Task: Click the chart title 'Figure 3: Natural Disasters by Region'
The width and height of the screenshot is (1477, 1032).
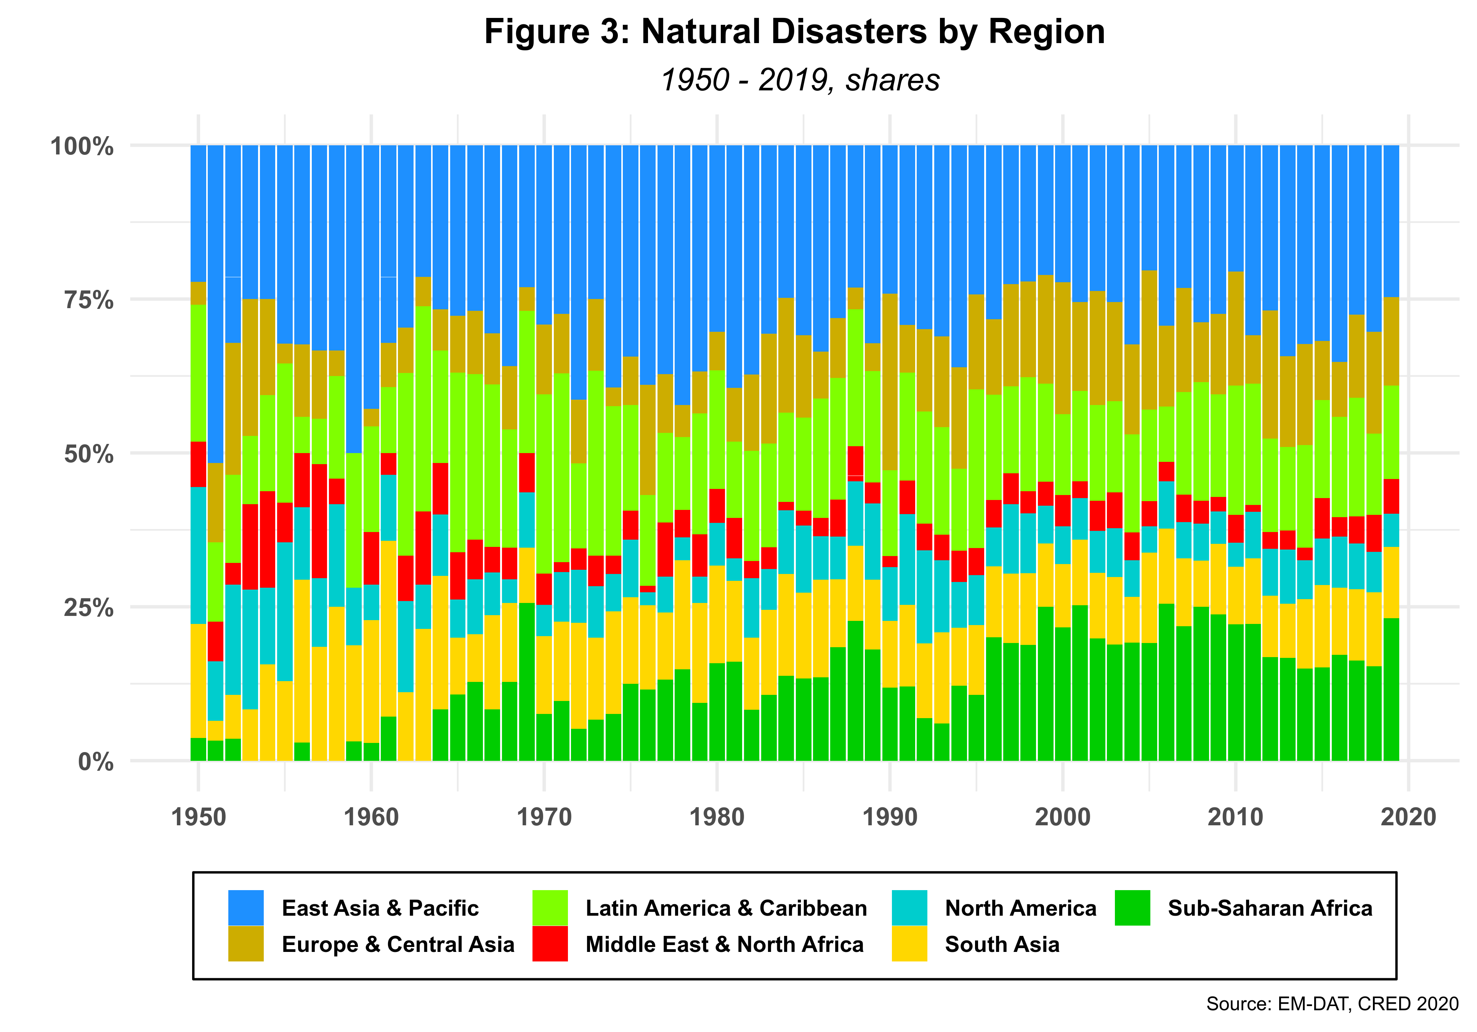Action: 794,32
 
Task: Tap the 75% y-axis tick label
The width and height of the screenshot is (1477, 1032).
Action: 89,300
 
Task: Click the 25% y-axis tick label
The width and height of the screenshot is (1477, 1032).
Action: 89,608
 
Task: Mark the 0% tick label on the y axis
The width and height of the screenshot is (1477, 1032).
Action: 96,762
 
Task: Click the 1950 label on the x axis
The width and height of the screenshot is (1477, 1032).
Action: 199,817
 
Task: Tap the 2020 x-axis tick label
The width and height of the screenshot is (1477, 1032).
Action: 1408,817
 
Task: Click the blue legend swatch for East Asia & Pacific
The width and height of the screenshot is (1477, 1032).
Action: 246,907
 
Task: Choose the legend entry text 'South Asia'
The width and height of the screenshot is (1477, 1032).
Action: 1002,944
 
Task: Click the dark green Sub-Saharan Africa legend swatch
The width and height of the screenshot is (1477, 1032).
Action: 1132,907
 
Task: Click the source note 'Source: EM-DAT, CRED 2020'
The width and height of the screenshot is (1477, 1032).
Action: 1332,1004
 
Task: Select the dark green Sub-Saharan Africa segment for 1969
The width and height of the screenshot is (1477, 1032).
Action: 527,682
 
